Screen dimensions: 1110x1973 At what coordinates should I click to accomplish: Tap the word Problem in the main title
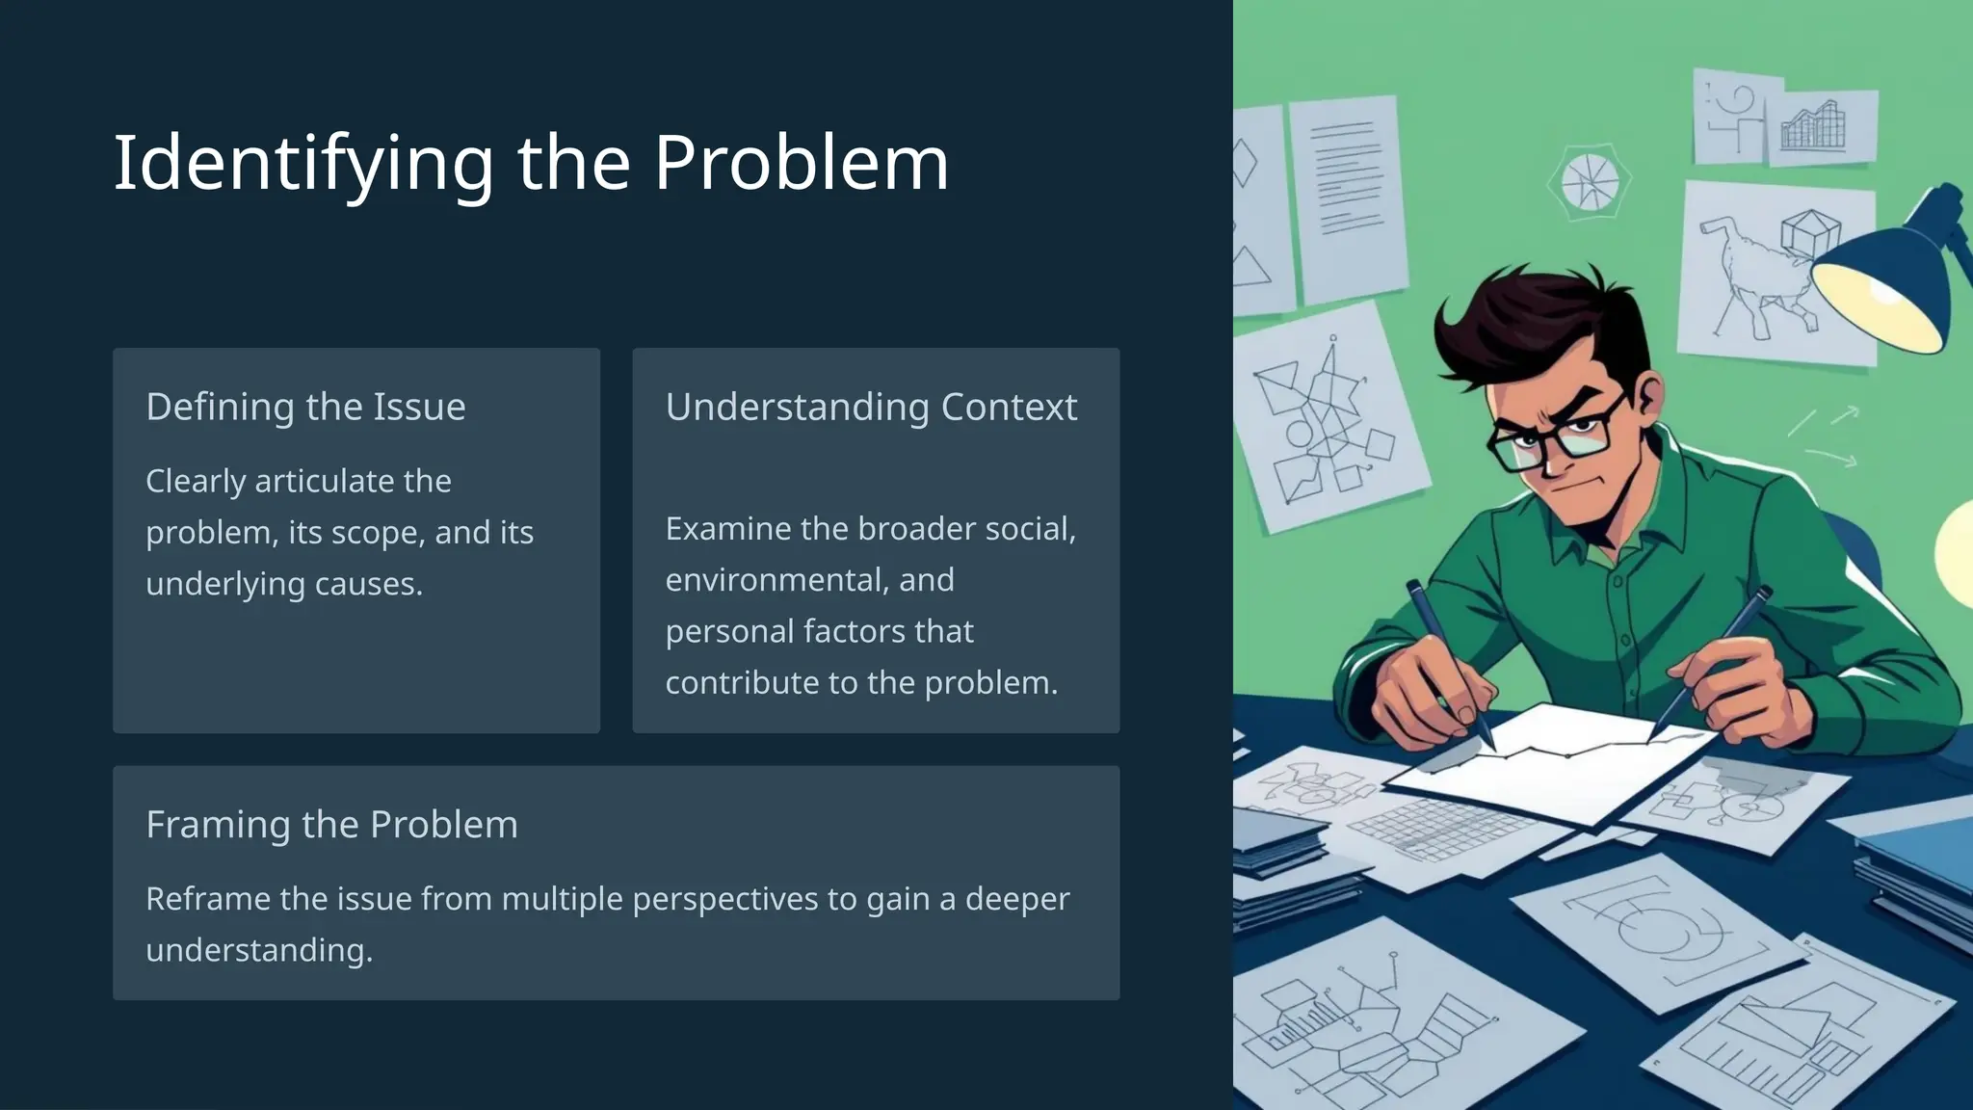(x=802, y=162)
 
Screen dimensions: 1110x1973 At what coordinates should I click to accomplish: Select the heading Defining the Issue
(x=305, y=407)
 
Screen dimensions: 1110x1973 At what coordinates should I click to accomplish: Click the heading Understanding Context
(x=871, y=407)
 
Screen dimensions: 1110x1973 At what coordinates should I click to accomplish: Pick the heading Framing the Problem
(x=331, y=825)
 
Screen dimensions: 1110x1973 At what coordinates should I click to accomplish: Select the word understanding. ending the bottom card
(x=258, y=950)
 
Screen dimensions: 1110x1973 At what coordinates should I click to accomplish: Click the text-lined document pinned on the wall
(x=1346, y=193)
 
